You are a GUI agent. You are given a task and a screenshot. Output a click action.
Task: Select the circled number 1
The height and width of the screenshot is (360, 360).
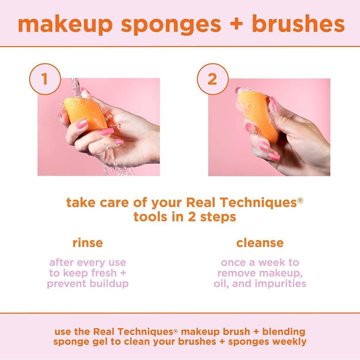point(45,79)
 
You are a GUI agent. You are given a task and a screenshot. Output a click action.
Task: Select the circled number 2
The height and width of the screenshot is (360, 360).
point(212,79)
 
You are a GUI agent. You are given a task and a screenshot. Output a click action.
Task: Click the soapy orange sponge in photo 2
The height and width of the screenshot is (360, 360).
point(255,112)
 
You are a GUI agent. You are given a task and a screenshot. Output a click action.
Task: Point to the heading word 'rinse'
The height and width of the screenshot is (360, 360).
point(88,243)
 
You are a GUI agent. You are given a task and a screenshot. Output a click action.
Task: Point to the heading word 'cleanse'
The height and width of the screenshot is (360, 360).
point(260,243)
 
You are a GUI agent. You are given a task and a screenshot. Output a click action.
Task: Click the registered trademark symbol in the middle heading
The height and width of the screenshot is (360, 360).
point(300,200)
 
